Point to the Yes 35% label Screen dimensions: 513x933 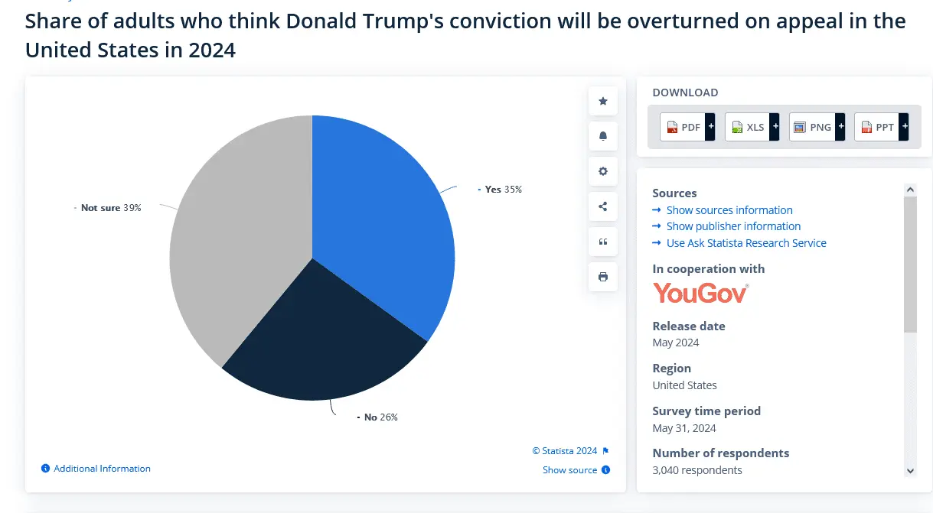point(503,189)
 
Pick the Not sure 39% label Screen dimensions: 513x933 point(111,207)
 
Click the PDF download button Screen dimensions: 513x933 point(687,127)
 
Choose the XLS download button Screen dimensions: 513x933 point(752,127)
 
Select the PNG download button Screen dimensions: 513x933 point(817,127)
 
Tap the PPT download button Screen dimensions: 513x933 point(881,127)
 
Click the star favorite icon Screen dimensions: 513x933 point(603,101)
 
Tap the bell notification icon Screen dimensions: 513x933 point(603,136)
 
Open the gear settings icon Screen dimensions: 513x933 point(603,171)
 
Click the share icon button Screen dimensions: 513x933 point(603,206)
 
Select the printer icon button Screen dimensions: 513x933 point(603,277)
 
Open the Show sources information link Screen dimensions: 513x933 point(729,210)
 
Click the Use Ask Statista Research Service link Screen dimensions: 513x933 point(746,243)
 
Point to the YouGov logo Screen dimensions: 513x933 point(700,293)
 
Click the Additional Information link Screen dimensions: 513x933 point(102,469)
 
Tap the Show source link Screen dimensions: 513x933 point(570,470)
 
